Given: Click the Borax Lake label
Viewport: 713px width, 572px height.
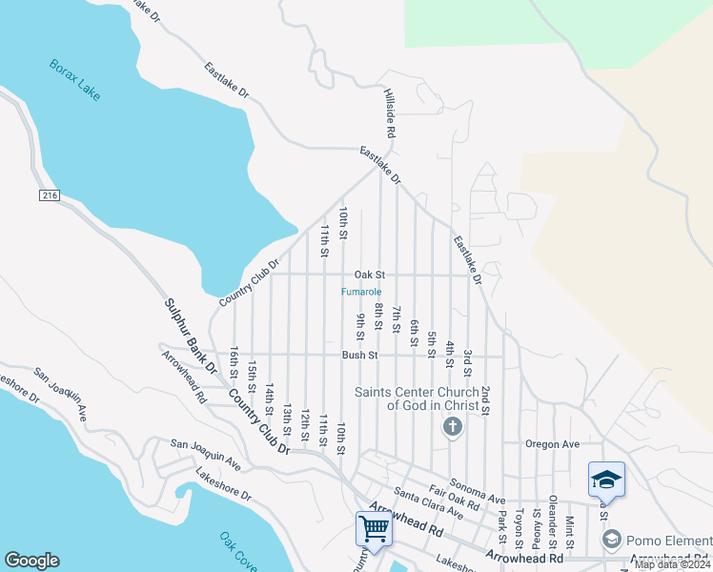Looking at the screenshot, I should [x=74, y=80].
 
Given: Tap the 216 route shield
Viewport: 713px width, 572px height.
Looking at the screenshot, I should [x=51, y=195].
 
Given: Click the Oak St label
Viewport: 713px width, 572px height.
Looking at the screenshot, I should [x=368, y=275].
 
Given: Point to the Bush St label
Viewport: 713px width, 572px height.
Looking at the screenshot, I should [x=360, y=356].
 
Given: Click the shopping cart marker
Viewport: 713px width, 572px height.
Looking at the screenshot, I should [x=373, y=527].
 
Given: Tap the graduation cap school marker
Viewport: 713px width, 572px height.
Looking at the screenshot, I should [x=606, y=480].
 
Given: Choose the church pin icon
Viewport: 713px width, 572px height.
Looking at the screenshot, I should [x=452, y=426].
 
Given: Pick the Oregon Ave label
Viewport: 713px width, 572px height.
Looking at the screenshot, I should [x=553, y=444].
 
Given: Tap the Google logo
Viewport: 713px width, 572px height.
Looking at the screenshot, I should [x=31, y=561].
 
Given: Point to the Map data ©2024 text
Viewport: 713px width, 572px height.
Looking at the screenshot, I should [x=672, y=564].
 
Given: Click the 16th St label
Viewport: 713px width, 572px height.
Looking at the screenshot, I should [x=234, y=363].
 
